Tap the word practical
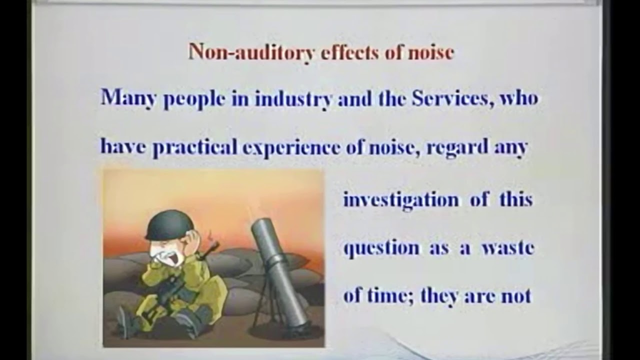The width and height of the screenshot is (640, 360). coord(194,147)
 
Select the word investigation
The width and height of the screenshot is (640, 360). coord(400,200)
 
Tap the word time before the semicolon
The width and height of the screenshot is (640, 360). coord(387,296)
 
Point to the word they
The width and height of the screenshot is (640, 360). coord(439,296)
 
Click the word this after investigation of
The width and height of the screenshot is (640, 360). coord(516,199)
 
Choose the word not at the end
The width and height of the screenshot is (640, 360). coord(515,296)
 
